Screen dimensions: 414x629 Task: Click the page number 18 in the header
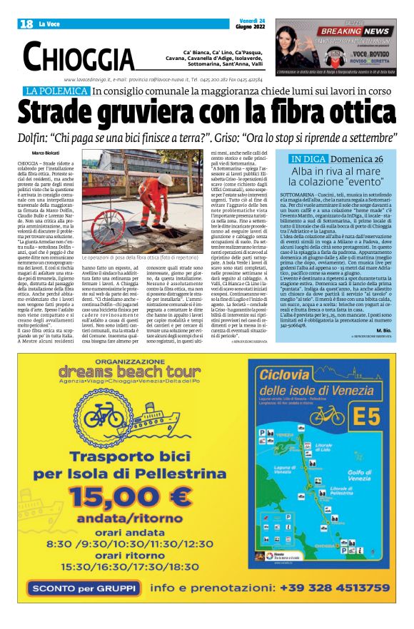[x=26, y=24]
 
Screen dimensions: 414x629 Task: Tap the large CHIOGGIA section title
[x=79, y=56]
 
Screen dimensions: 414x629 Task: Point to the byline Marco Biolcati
[x=47, y=153]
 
